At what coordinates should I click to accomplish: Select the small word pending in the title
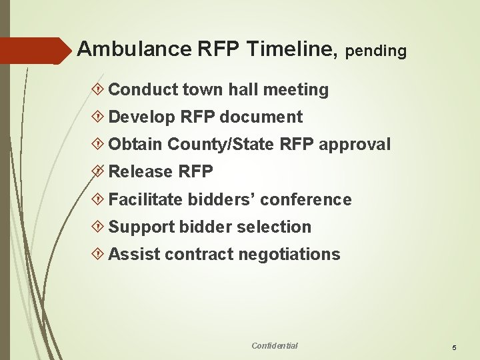(377, 51)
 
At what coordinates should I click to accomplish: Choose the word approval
(355, 145)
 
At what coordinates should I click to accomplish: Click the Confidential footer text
(275, 345)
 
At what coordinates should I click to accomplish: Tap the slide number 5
(454, 348)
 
